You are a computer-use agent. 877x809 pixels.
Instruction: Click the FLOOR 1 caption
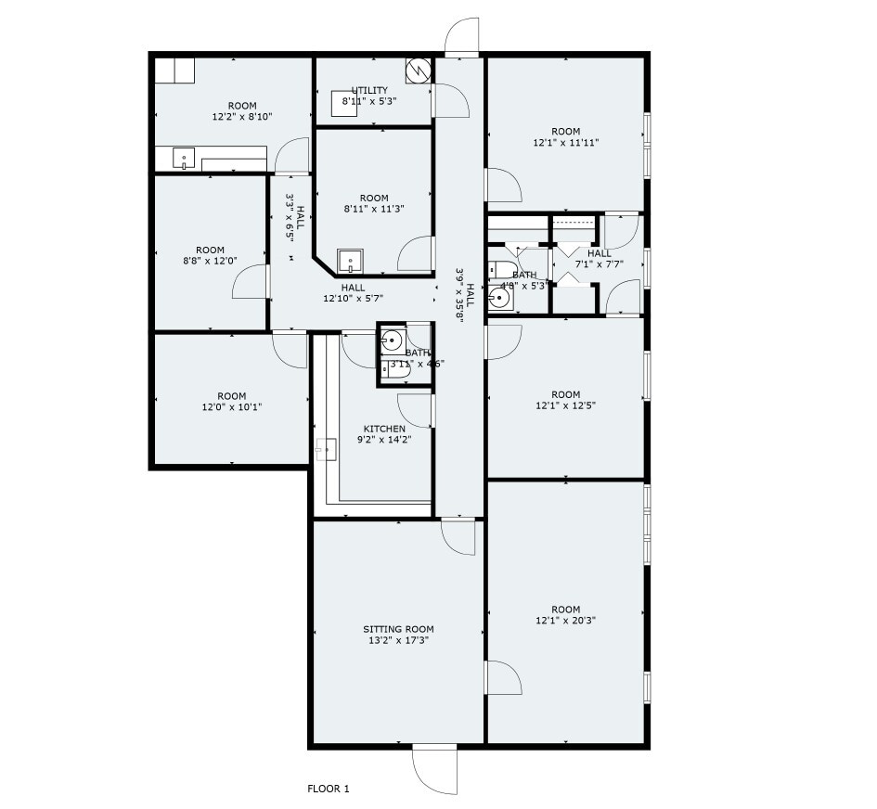[328, 790]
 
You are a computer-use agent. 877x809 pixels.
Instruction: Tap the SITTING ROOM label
[398, 629]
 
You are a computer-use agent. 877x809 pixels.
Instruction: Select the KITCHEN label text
[384, 429]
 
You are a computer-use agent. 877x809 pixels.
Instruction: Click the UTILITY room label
[369, 90]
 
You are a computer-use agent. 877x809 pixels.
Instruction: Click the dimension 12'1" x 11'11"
[565, 143]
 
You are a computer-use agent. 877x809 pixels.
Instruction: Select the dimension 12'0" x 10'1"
[231, 406]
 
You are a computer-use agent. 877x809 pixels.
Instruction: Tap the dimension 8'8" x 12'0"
[210, 261]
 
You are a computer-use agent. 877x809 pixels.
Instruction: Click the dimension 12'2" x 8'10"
[231, 117]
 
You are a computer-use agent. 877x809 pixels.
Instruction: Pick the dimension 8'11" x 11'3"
[374, 209]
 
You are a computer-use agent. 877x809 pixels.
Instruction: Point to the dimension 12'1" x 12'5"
[565, 405]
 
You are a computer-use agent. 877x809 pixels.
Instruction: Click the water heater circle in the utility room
[418, 70]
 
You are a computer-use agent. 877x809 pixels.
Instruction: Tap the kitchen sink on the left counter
[325, 449]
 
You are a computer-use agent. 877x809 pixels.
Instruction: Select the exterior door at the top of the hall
[461, 38]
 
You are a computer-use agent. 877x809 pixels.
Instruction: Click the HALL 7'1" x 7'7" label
[599, 258]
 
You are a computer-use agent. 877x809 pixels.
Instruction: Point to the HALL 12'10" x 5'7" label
[353, 293]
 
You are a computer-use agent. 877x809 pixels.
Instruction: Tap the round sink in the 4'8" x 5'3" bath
[500, 299]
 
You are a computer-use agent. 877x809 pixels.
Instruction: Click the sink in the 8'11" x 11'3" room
[350, 259]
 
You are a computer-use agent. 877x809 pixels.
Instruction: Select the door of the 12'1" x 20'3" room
[502, 677]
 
